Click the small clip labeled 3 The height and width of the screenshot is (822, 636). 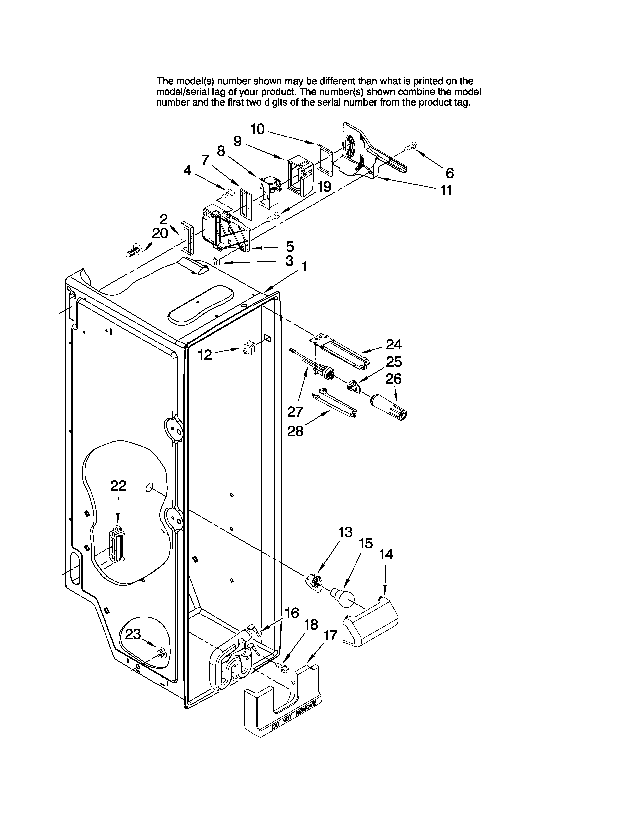point(215,261)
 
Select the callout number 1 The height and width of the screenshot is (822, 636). point(304,267)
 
